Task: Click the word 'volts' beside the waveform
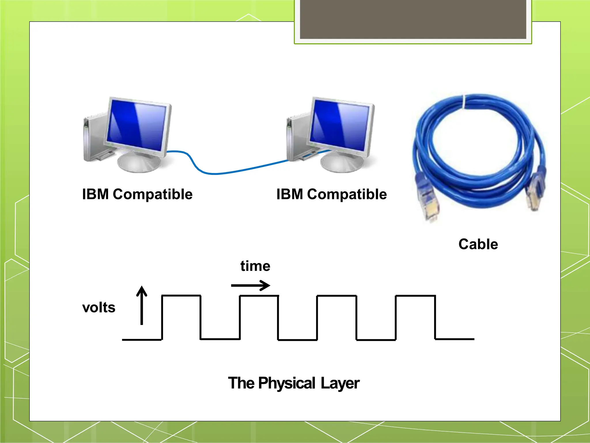pyautogui.click(x=99, y=307)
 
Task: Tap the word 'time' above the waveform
pyautogui.click(x=255, y=266)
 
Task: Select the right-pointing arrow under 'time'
pyautogui.click(x=251, y=286)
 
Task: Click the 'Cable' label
pyautogui.click(x=478, y=244)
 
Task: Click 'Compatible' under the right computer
pyautogui.click(x=347, y=194)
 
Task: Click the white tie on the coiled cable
pyautogui.click(x=464, y=102)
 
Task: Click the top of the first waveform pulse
pyautogui.click(x=181, y=296)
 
